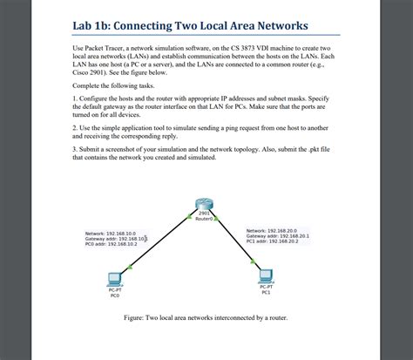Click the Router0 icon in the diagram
point(206,207)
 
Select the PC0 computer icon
point(114,279)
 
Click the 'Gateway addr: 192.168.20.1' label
point(278,235)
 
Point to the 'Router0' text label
point(205,218)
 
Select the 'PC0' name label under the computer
point(114,295)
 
